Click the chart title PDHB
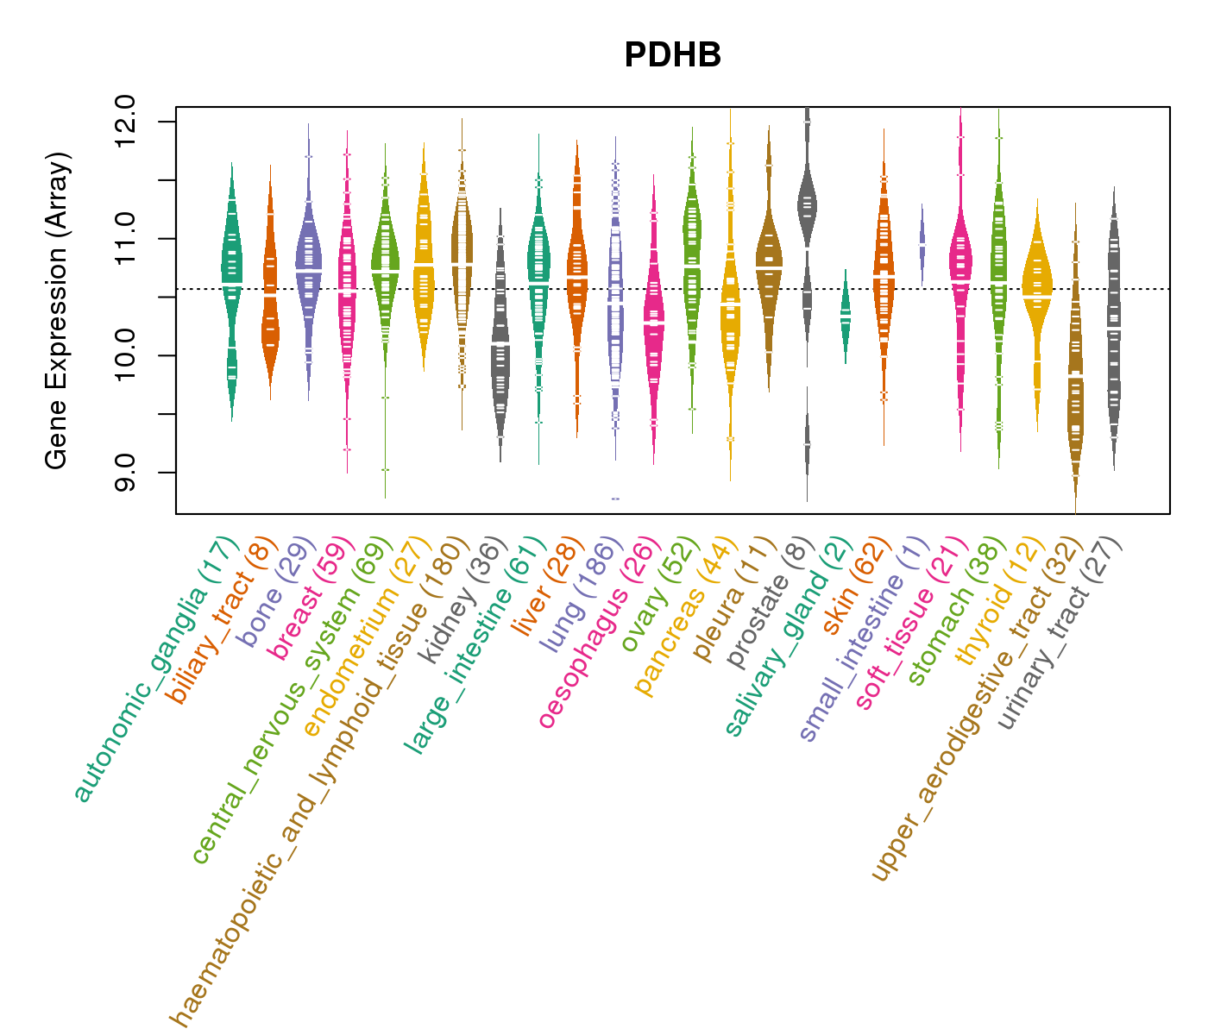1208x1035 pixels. (672, 55)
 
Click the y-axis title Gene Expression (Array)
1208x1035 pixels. (57, 310)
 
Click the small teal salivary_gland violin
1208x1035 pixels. (846, 316)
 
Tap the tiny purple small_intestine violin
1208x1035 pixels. (922, 243)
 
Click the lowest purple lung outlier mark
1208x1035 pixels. (615, 499)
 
